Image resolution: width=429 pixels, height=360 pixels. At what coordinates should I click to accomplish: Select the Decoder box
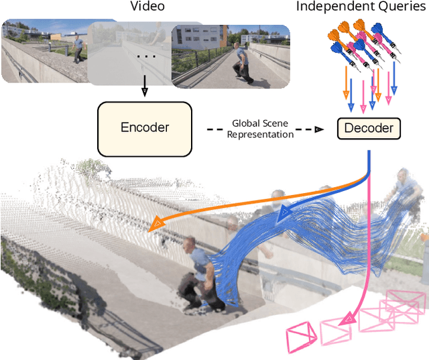click(368, 128)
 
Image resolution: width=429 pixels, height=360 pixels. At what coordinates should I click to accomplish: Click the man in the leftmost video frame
click(80, 48)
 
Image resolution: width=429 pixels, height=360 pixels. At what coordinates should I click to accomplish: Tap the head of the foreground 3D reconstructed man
click(190, 244)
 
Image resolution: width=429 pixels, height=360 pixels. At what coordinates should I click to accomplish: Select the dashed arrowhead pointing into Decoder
click(320, 129)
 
